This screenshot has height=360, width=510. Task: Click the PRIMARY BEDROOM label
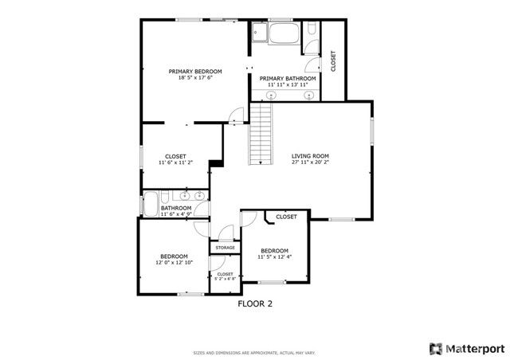click(x=195, y=72)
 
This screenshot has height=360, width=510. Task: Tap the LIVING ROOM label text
click(x=310, y=156)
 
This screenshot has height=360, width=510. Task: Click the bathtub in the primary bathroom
click(x=284, y=34)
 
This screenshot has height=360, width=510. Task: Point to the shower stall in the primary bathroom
click(x=259, y=34)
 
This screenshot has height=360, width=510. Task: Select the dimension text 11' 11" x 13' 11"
click(x=288, y=84)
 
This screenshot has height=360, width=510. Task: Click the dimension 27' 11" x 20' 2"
click(x=310, y=162)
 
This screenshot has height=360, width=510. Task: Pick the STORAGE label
click(x=225, y=248)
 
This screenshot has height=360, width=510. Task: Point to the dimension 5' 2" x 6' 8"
click(x=225, y=279)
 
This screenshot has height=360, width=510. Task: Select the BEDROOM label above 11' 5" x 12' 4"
click(x=274, y=250)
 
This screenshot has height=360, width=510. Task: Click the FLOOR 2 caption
click(x=255, y=303)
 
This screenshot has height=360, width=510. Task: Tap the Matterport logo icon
click(x=435, y=347)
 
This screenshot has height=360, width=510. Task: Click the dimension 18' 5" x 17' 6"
click(x=195, y=78)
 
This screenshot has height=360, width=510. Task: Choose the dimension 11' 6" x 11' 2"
click(x=175, y=162)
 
